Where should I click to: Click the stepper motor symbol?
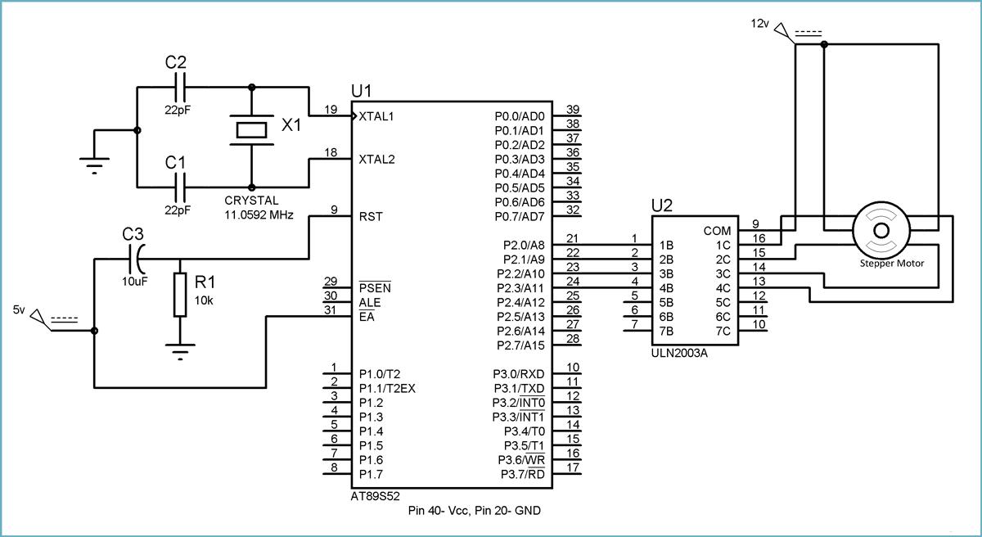click(880, 229)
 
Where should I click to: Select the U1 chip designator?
click(361, 89)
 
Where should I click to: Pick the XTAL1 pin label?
click(377, 116)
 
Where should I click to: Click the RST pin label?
click(371, 217)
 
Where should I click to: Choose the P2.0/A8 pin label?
click(520, 245)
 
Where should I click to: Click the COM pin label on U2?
click(717, 231)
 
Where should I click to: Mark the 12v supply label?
click(761, 24)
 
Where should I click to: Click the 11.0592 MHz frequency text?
click(259, 214)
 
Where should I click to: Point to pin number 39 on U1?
click(573, 109)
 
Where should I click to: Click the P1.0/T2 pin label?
click(381, 374)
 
